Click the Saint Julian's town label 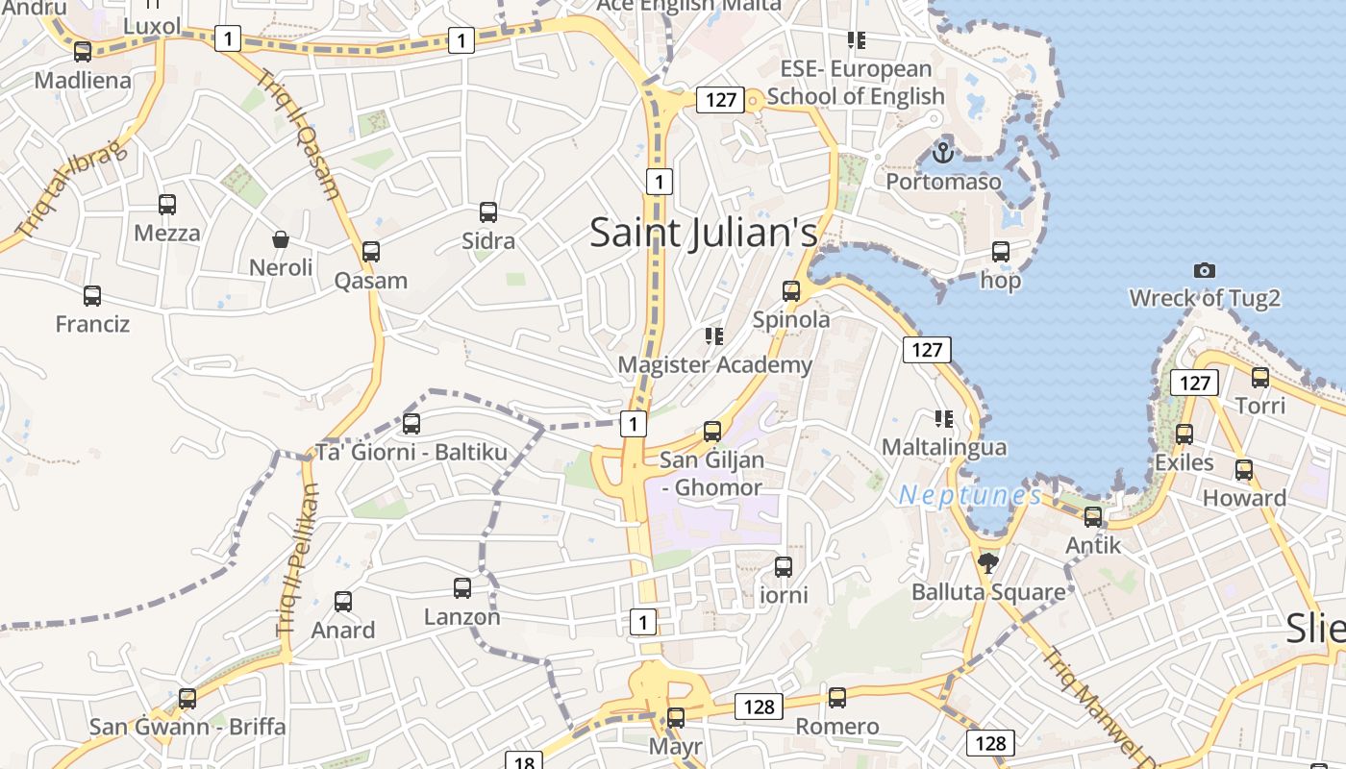point(703,233)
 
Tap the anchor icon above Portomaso point(943,152)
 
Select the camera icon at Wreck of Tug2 point(1204,270)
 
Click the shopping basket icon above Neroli point(281,238)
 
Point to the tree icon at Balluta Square point(987,563)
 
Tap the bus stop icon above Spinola point(791,290)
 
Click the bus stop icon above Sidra point(488,212)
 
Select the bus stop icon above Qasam point(371,252)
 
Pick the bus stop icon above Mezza point(167,204)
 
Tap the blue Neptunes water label point(970,496)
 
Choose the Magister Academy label point(714,365)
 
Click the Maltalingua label point(944,447)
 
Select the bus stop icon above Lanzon point(462,587)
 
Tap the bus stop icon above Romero point(837,698)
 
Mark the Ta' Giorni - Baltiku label point(411,452)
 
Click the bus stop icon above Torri point(1260,377)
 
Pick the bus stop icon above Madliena point(83,52)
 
